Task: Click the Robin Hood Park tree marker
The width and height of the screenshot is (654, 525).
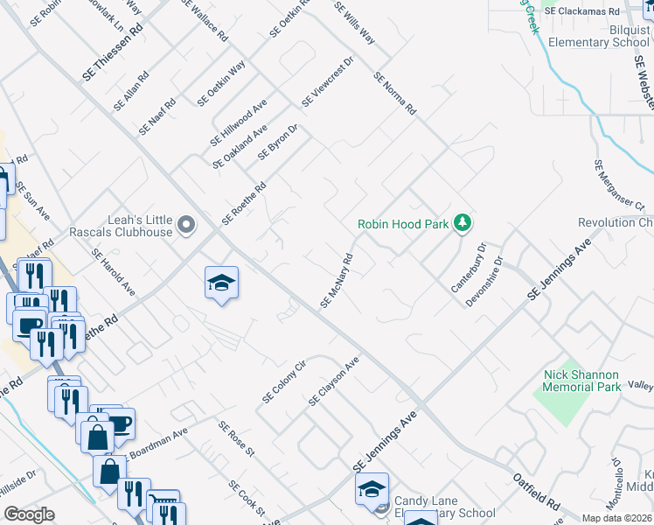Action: (463, 224)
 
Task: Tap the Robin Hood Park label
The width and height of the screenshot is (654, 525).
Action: (402, 224)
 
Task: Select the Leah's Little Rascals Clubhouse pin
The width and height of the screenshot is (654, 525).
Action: (185, 226)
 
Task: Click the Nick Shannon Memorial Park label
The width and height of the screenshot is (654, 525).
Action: (582, 381)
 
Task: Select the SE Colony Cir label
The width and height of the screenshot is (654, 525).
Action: (285, 382)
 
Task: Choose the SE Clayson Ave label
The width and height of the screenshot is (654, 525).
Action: (334, 381)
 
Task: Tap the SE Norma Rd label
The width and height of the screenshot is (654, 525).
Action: (395, 94)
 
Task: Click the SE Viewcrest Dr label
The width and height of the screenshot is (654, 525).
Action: (327, 83)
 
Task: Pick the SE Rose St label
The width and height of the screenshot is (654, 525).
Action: (236, 440)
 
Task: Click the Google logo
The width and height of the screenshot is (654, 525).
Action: (29, 514)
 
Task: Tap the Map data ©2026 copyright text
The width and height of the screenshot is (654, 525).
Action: (616, 518)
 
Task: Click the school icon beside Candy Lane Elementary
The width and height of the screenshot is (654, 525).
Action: (372, 489)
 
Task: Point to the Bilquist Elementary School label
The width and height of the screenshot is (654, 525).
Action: (595, 36)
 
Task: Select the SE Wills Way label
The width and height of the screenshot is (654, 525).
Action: (355, 24)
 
